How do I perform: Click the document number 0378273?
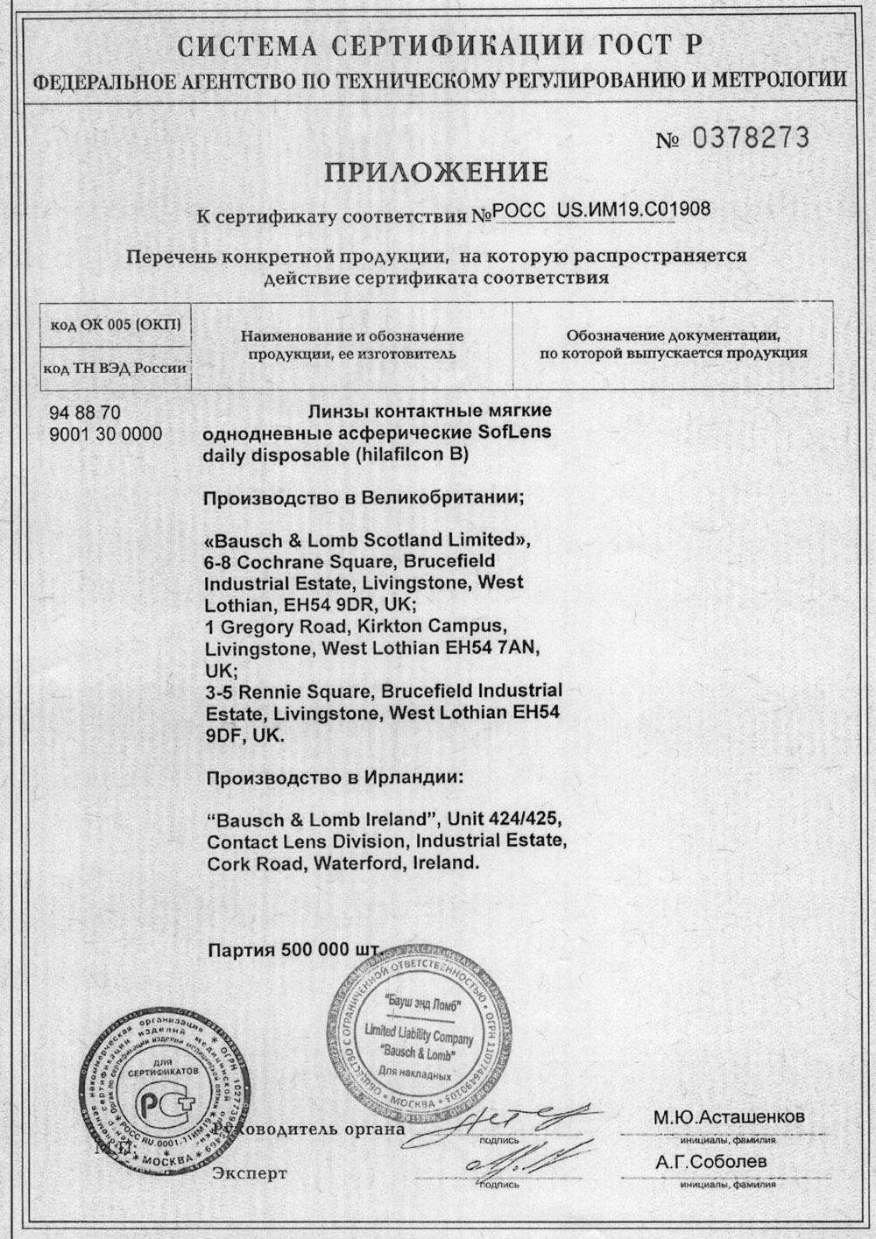pyautogui.click(x=752, y=137)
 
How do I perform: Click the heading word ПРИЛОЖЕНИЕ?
pyautogui.click(x=436, y=171)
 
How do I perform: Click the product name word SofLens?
pyautogui.click(x=518, y=433)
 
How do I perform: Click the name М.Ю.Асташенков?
pyautogui.click(x=728, y=1118)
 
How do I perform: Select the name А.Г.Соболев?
pyautogui.click(x=713, y=1162)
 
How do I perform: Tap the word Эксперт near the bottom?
pyautogui.click(x=249, y=1173)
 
